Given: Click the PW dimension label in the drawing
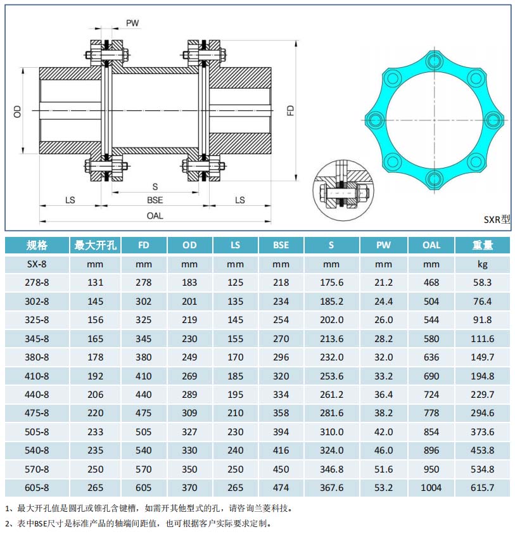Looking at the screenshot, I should coord(132,23).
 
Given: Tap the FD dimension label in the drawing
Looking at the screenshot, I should coord(291,111).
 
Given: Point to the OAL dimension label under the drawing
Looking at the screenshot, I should coord(155,215).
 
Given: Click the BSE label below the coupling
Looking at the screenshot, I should coord(155,200).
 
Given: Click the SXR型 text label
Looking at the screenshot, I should coord(496,220).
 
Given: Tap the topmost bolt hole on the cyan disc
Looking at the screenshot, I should coord(434,61).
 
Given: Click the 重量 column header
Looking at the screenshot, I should coord(482,245).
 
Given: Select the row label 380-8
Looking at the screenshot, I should coord(37,357).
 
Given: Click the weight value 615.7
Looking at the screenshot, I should coord(482,488).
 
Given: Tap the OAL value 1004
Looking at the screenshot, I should coord(431,488).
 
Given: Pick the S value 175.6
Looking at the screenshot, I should coord(331,283).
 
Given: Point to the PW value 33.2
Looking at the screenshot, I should coord(383,376).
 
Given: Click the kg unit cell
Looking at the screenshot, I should coord(482,264).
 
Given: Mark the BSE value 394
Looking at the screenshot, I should coord(281,432).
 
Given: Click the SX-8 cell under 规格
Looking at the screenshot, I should coord(37,264).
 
